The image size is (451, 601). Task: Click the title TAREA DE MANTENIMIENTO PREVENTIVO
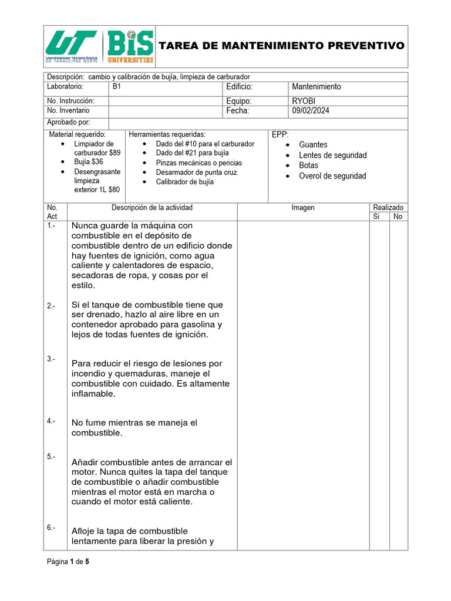[x=282, y=46]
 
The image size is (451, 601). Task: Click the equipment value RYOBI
[x=304, y=101]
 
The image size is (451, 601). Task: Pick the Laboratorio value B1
[x=117, y=86]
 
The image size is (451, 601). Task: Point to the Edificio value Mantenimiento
[x=316, y=86]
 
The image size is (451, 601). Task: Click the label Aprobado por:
[x=69, y=122]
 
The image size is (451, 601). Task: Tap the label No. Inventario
[x=68, y=110]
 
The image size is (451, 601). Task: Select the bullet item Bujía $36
[x=88, y=161]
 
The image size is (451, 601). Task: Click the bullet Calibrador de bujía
[x=184, y=182]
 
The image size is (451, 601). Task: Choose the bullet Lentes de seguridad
[x=332, y=155]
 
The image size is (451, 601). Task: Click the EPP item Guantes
[x=313, y=144]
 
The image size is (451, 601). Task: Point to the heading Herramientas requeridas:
[x=167, y=134]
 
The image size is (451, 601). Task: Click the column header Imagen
[x=303, y=208]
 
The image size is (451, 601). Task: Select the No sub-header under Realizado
[x=398, y=217]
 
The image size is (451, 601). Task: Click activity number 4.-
[x=51, y=421]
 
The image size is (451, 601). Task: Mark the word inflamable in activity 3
[x=93, y=394]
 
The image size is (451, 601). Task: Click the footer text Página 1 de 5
[x=68, y=562]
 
